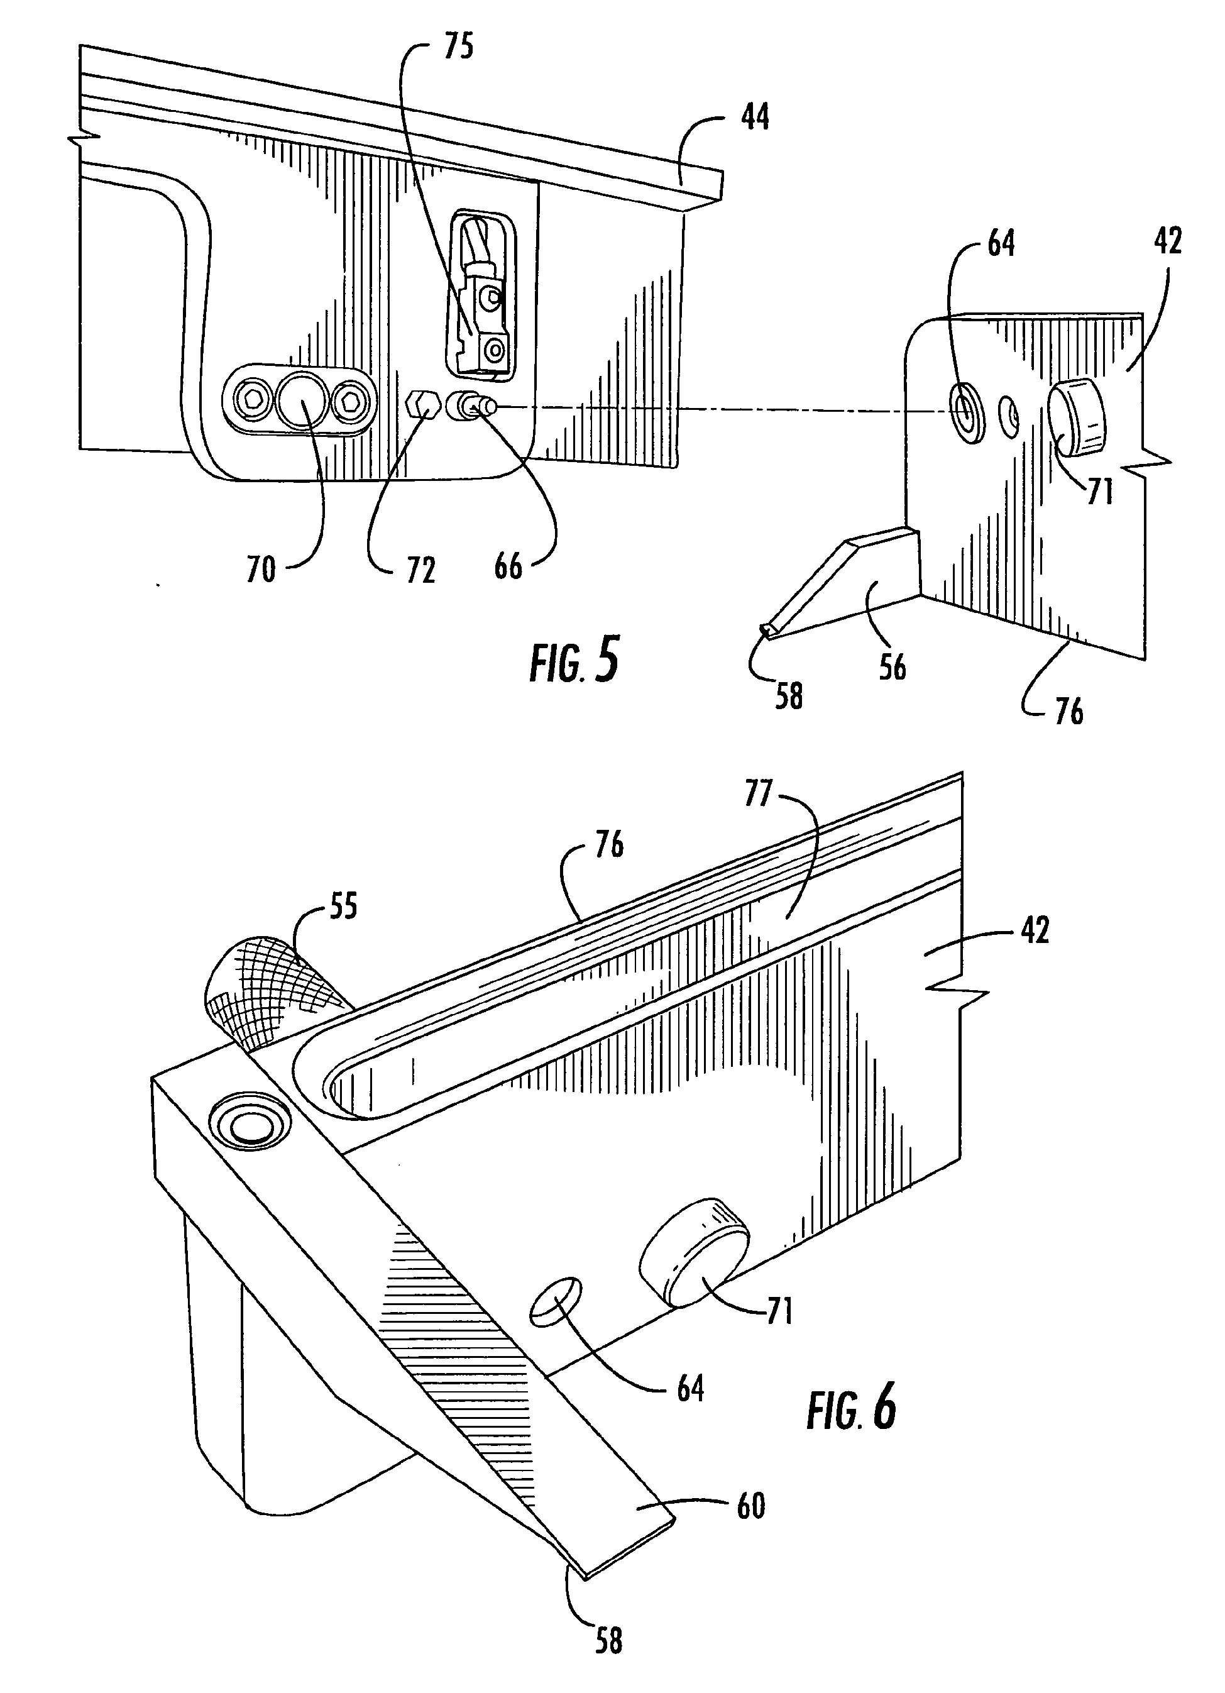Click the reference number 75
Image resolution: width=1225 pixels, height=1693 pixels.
pyautogui.click(x=458, y=48)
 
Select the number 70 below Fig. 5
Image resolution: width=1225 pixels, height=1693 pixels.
pyautogui.click(x=261, y=572)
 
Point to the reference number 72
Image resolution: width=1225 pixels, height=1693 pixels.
pyautogui.click(x=420, y=572)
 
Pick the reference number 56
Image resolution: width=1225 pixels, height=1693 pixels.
pyautogui.click(x=892, y=666)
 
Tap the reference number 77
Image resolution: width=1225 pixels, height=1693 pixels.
pyautogui.click(x=758, y=794)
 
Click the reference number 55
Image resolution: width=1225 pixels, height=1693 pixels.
pyautogui.click(x=342, y=907)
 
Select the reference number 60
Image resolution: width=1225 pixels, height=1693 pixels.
pyautogui.click(x=750, y=1506)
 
